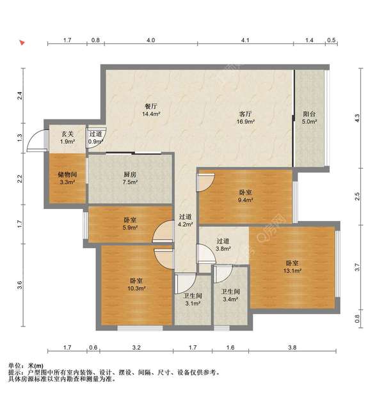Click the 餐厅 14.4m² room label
151,110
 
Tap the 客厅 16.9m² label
245,118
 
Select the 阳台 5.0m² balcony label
309,118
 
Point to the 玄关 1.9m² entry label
67,138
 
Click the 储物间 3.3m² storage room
67,178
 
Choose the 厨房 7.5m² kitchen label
130,178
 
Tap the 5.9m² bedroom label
130,224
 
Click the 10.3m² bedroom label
136,284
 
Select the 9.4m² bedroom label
246,196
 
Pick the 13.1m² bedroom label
292,267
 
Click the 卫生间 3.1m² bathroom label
193,300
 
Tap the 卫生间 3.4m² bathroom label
230,295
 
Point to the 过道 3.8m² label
223,245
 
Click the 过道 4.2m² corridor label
186,221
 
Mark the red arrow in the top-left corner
22,43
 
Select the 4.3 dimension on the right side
357,118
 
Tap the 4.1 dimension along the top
245,40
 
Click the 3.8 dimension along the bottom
292,348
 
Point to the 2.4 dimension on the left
20,96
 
